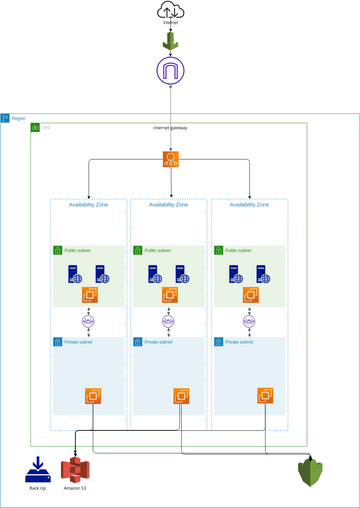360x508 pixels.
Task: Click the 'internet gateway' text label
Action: point(170,128)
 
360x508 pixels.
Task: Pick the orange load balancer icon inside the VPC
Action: point(171,159)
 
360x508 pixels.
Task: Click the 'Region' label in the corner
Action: point(19,118)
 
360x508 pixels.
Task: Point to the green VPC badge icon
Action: point(35,127)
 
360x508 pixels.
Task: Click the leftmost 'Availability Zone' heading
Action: point(89,205)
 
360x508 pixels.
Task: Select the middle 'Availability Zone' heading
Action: point(170,205)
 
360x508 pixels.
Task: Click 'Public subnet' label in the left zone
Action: point(77,250)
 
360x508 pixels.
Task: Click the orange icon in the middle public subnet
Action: point(170,295)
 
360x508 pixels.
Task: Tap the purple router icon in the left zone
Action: point(89,322)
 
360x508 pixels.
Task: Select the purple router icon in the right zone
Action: point(248,322)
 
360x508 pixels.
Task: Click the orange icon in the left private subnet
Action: point(93,396)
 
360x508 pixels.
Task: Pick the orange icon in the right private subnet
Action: point(265,396)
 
